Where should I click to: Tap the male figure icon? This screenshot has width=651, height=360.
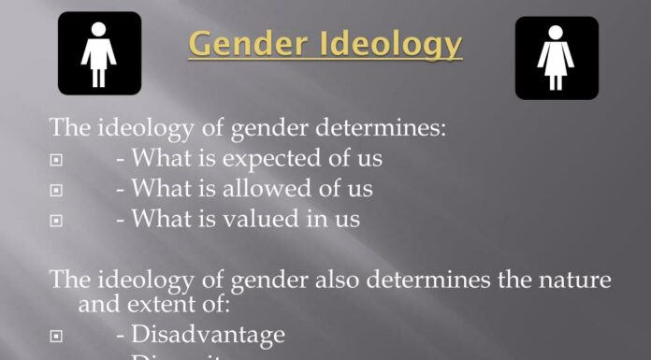tap(98, 53)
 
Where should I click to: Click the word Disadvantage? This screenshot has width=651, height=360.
tap(208, 334)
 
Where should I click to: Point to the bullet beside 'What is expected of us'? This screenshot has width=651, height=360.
tap(56, 161)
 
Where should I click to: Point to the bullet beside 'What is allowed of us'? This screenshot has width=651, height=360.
tap(56, 191)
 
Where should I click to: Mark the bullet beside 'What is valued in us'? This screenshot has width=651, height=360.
tap(56, 221)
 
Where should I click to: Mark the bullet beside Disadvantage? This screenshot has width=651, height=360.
tap(56, 336)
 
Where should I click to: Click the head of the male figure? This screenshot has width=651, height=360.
tap(98, 28)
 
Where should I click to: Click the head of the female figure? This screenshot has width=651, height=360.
tap(557, 31)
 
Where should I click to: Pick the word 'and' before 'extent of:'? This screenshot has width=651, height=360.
tap(98, 303)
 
